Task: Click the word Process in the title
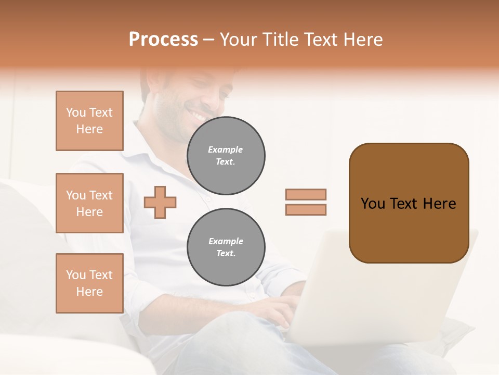click(x=163, y=40)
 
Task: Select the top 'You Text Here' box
click(x=89, y=121)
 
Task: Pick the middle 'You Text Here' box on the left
click(x=89, y=203)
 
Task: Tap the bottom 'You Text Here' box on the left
click(x=89, y=283)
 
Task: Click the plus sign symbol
click(x=160, y=202)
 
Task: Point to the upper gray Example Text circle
click(x=226, y=156)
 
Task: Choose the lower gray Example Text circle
click(x=226, y=247)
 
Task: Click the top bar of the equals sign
click(x=306, y=195)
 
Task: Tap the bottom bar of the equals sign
click(x=306, y=209)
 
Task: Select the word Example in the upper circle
click(x=225, y=150)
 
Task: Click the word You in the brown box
click(x=373, y=204)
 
